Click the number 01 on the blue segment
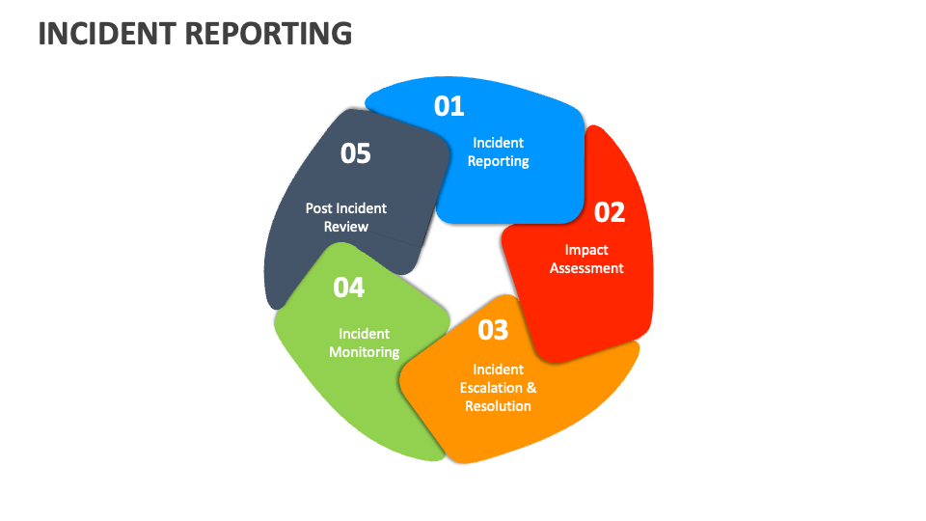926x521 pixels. pos(449,105)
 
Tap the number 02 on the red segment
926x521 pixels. pos(610,211)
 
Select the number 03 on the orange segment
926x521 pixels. pos(493,330)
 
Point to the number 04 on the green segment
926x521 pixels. pos(349,288)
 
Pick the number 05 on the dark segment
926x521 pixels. pos(356,153)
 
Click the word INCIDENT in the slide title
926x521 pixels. pos(107,34)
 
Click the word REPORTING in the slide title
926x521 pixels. pos(269,34)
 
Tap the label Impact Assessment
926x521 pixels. pos(586,260)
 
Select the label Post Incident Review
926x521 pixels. pos(346,217)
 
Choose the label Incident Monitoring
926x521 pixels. pos(364,343)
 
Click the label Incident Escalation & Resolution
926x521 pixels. pos(498,388)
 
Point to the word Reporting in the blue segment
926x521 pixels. pos(498,162)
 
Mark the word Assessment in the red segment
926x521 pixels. pos(586,269)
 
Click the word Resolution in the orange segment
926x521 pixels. pos(498,406)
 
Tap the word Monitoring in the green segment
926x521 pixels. pos(364,353)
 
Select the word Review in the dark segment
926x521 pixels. pos(346,227)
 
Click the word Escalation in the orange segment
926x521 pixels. pos(490,388)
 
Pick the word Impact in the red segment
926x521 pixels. pos(586,250)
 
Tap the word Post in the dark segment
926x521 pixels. pos(318,208)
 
